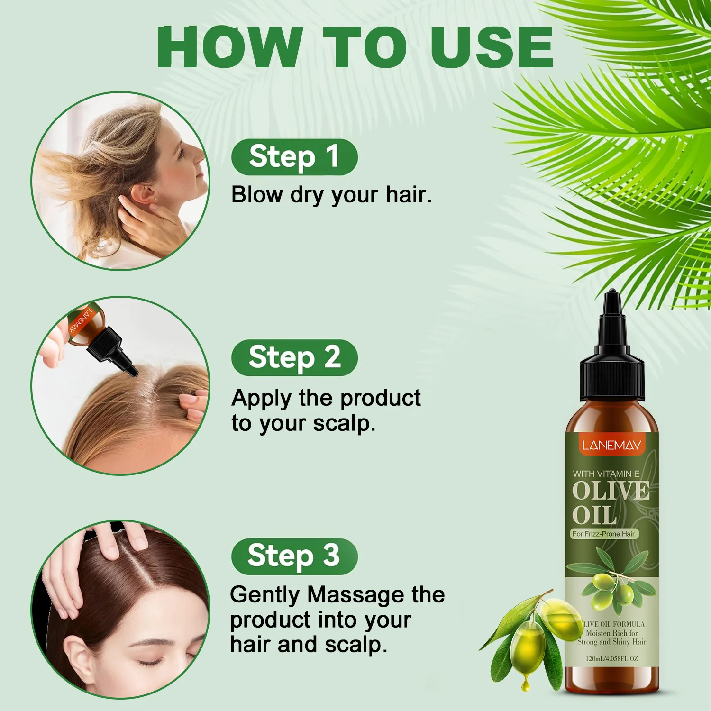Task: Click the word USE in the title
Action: tap(492, 47)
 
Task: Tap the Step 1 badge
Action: tap(294, 157)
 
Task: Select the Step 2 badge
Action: tap(294, 357)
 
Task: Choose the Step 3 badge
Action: tap(294, 556)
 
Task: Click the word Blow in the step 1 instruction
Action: tap(257, 194)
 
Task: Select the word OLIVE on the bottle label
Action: tap(611, 490)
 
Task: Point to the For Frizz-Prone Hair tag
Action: tap(604, 534)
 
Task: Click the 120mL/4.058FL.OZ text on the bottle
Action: tap(611, 658)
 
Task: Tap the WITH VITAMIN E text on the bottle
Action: tap(606, 474)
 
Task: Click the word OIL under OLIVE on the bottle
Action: tap(594, 515)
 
